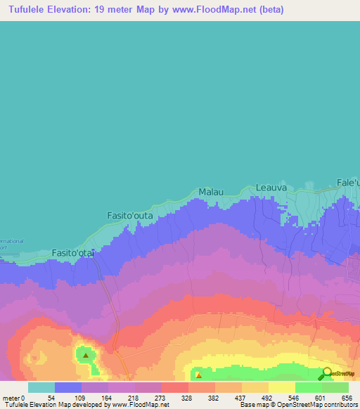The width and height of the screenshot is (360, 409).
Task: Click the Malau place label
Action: tap(212, 191)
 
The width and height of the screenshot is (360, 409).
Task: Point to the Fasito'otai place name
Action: tap(73, 253)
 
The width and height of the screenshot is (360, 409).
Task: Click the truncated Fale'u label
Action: tap(348, 183)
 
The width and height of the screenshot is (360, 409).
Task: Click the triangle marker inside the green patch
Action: tap(86, 355)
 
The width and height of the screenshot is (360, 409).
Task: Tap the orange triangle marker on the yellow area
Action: tap(198, 375)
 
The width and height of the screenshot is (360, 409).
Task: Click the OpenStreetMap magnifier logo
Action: tap(326, 374)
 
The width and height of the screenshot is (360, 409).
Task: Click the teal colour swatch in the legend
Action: tap(41, 387)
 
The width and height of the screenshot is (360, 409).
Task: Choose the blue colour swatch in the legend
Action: tap(68, 387)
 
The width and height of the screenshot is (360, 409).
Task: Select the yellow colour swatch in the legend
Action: tap(281, 387)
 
